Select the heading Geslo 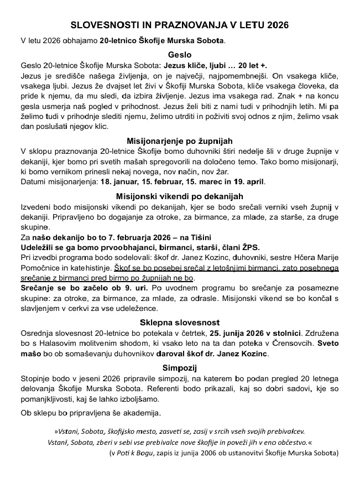pos(179,55)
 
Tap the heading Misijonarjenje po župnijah pos(179,141)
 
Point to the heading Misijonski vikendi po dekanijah pos(179,196)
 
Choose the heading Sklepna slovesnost pos(179,323)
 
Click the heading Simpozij pos(179,367)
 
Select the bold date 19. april pos(246,181)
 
